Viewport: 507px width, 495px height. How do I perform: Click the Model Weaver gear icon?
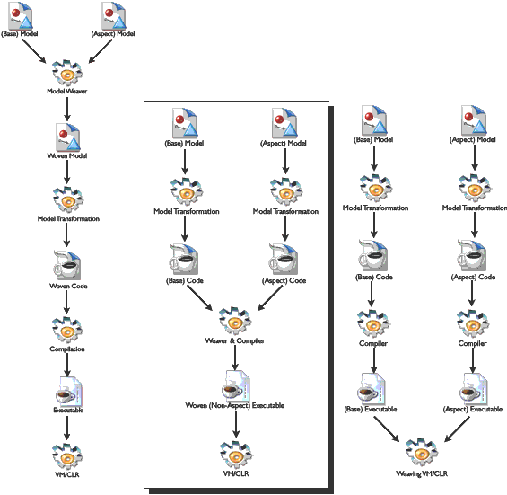click(67, 73)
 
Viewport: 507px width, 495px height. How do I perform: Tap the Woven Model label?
click(67, 155)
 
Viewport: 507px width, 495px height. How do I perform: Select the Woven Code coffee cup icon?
click(67, 265)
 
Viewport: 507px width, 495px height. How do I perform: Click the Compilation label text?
click(67, 349)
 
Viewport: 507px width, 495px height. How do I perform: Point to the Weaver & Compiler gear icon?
click(235, 321)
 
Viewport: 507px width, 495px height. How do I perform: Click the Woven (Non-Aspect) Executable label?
click(235, 405)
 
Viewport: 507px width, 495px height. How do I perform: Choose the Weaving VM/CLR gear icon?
click(422, 453)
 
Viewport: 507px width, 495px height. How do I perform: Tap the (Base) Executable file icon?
click(372, 389)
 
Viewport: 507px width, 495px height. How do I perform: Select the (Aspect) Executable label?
click(472, 410)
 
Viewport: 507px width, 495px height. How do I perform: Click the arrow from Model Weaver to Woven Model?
click(67, 109)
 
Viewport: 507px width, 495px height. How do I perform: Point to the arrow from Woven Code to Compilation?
click(66, 302)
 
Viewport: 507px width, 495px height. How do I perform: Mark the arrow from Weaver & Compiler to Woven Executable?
click(235, 358)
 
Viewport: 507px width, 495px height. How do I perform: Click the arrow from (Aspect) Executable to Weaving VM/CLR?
click(457, 429)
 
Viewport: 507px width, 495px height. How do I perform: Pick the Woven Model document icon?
click(68, 137)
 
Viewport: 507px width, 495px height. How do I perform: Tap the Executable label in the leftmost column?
click(68, 410)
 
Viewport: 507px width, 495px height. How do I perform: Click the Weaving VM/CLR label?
click(422, 473)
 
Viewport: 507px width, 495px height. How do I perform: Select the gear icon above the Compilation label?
click(67, 330)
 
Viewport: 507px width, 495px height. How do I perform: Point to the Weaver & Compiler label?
click(235, 340)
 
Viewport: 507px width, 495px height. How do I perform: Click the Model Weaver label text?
click(67, 91)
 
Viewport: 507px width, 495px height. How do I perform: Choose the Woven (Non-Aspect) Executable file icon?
click(236, 385)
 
